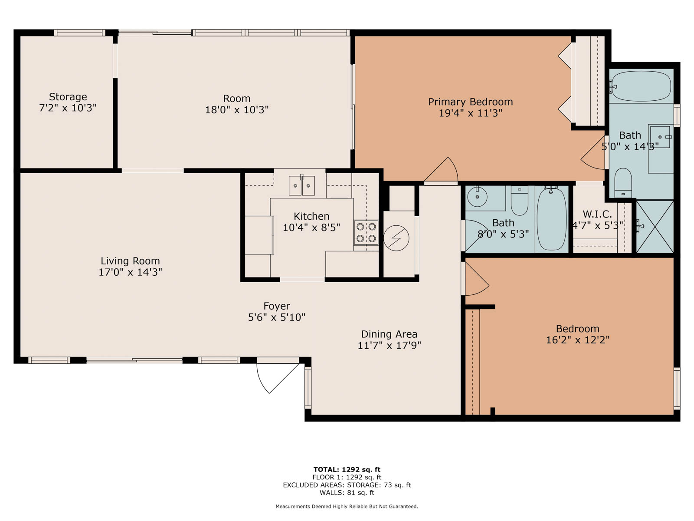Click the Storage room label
tap(68, 96)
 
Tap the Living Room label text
tap(130, 260)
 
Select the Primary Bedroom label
tap(471, 102)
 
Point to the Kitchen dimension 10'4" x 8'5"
tap(311, 228)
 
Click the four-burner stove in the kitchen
tap(366, 233)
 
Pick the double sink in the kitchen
tap(301, 185)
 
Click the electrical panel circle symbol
tap(396, 238)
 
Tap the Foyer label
tap(277, 306)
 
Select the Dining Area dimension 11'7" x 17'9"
tap(389, 345)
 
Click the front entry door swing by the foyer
tap(277, 378)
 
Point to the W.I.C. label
tap(597, 214)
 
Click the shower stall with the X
tap(655, 227)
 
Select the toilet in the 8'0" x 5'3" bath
tap(520, 200)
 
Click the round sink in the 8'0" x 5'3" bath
tap(477, 196)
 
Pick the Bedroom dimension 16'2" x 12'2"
tap(578, 340)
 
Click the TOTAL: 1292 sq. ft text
tap(347, 469)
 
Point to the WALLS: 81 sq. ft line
tap(347, 492)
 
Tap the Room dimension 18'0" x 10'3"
tap(237, 110)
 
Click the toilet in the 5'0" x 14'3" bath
tap(623, 183)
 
